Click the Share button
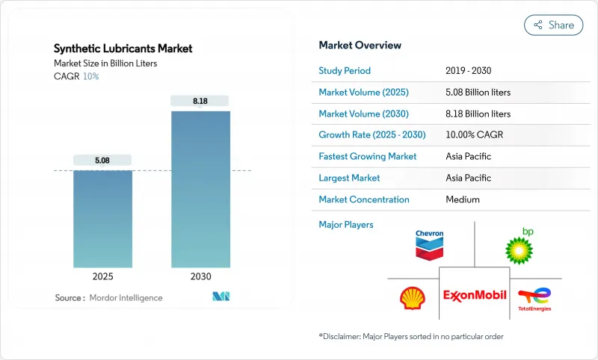tap(553, 25)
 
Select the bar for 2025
tap(102, 219)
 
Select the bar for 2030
tap(200, 190)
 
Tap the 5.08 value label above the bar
tap(102, 159)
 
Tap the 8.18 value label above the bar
tap(200, 100)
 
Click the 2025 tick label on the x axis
tap(102, 276)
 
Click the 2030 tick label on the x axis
tap(200, 276)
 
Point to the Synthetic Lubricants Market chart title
tap(123, 49)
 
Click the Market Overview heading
tap(360, 45)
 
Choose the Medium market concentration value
tap(463, 199)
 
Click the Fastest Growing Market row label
tap(367, 157)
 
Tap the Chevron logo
tap(429, 244)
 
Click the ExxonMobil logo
tap(474, 295)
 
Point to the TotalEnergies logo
tap(534, 299)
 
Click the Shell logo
tap(412, 299)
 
